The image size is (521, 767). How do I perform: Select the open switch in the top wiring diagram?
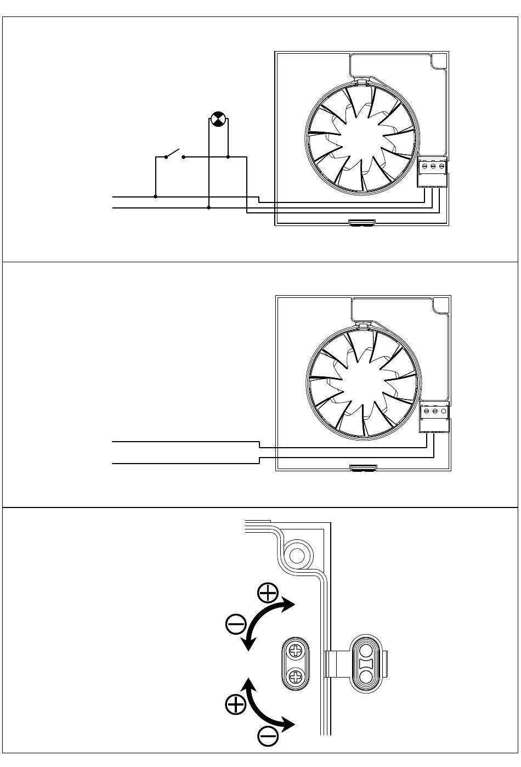(x=174, y=154)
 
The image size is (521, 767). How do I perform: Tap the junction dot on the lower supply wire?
(x=209, y=208)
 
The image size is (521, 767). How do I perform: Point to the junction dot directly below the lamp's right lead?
(x=228, y=157)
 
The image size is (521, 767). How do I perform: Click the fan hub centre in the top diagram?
(x=361, y=135)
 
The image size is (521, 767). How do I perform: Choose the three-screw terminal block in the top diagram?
(x=433, y=172)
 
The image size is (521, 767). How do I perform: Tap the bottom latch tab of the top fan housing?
(x=362, y=223)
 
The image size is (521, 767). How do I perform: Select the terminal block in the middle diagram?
(x=434, y=416)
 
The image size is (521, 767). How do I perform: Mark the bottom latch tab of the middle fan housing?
(x=363, y=468)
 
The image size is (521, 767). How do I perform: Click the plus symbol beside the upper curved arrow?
(x=268, y=593)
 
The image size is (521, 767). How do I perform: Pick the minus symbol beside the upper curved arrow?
(x=236, y=624)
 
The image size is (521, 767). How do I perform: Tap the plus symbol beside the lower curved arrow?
(x=236, y=703)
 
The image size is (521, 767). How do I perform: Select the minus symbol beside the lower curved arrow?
(x=268, y=735)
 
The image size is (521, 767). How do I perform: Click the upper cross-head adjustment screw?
(x=296, y=651)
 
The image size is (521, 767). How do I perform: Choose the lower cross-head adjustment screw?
(x=296, y=675)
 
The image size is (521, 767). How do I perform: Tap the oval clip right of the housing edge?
(x=365, y=663)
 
